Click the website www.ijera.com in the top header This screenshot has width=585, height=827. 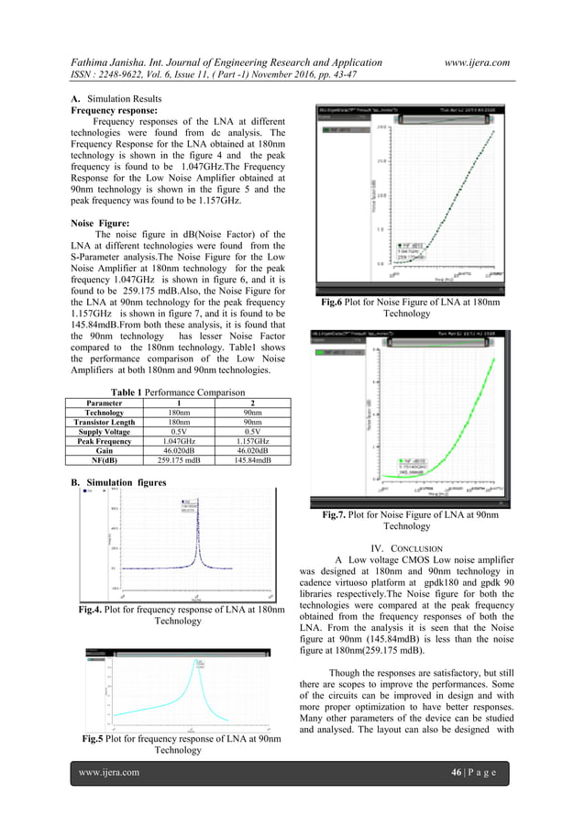tap(476, 61)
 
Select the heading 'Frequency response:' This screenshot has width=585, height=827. tap(113, 108)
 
